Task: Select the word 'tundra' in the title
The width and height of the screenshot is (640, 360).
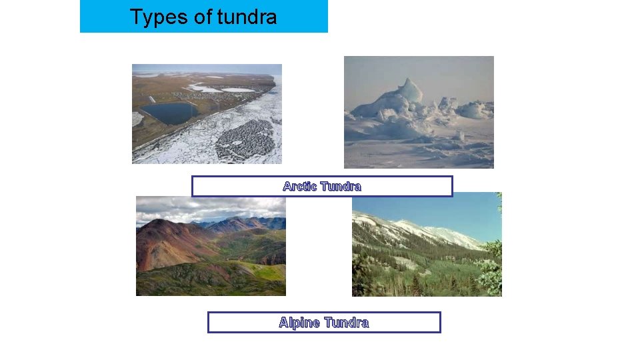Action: click(x=247, y=17)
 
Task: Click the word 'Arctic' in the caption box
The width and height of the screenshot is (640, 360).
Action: click(x=300, y=187)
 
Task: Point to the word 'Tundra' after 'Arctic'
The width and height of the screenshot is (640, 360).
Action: click(x=341, y=187)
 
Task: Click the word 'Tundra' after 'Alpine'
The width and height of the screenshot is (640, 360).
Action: click(x=346, y=323)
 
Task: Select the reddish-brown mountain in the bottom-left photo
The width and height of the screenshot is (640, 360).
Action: click(x=163, y=243)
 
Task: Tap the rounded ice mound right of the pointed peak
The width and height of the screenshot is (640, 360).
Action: click(x=474, y=110)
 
